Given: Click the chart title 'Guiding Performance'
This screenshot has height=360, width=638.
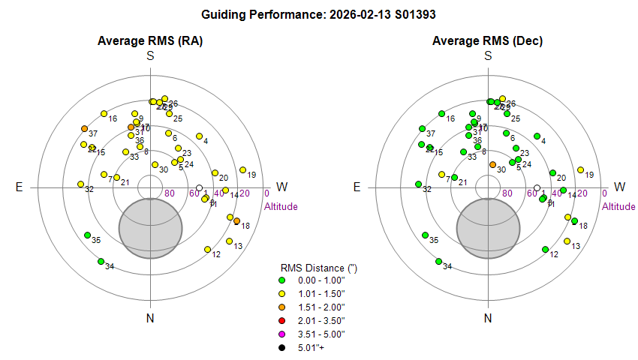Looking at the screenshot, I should click(x=319, y=14).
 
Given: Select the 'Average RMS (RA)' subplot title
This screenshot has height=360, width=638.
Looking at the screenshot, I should click(x=151, y=40).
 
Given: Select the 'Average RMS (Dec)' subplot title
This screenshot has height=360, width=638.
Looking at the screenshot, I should click(x=488, y=40).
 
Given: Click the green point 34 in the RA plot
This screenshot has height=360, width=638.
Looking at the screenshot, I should click(x=101, y=261).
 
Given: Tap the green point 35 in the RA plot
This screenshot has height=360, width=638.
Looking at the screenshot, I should click(x=88, y=235).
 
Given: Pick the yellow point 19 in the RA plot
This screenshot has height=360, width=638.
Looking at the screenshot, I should click(x=242, y=170).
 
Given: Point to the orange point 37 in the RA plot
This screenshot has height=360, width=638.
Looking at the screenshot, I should click(x=84, y=129).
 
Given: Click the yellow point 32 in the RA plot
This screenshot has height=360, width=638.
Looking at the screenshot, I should click(x=80, y=184).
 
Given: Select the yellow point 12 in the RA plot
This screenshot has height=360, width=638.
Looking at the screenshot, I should click(x=207, y=249).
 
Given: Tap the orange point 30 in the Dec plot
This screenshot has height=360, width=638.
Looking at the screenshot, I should click(x=492, y=164).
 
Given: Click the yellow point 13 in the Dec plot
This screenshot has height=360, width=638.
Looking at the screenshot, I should click(x=567, y=241).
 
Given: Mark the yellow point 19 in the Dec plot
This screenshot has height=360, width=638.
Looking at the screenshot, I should click(x=580, y=170).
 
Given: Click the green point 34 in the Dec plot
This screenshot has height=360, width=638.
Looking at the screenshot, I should click(x=438, y=261).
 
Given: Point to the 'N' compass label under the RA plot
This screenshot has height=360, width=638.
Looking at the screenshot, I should click(x=151, y=319).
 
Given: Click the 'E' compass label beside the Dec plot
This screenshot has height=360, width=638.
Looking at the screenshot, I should click(x=357, y=187).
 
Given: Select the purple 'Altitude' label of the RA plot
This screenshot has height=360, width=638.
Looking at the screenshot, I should click(x=281, y=206).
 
